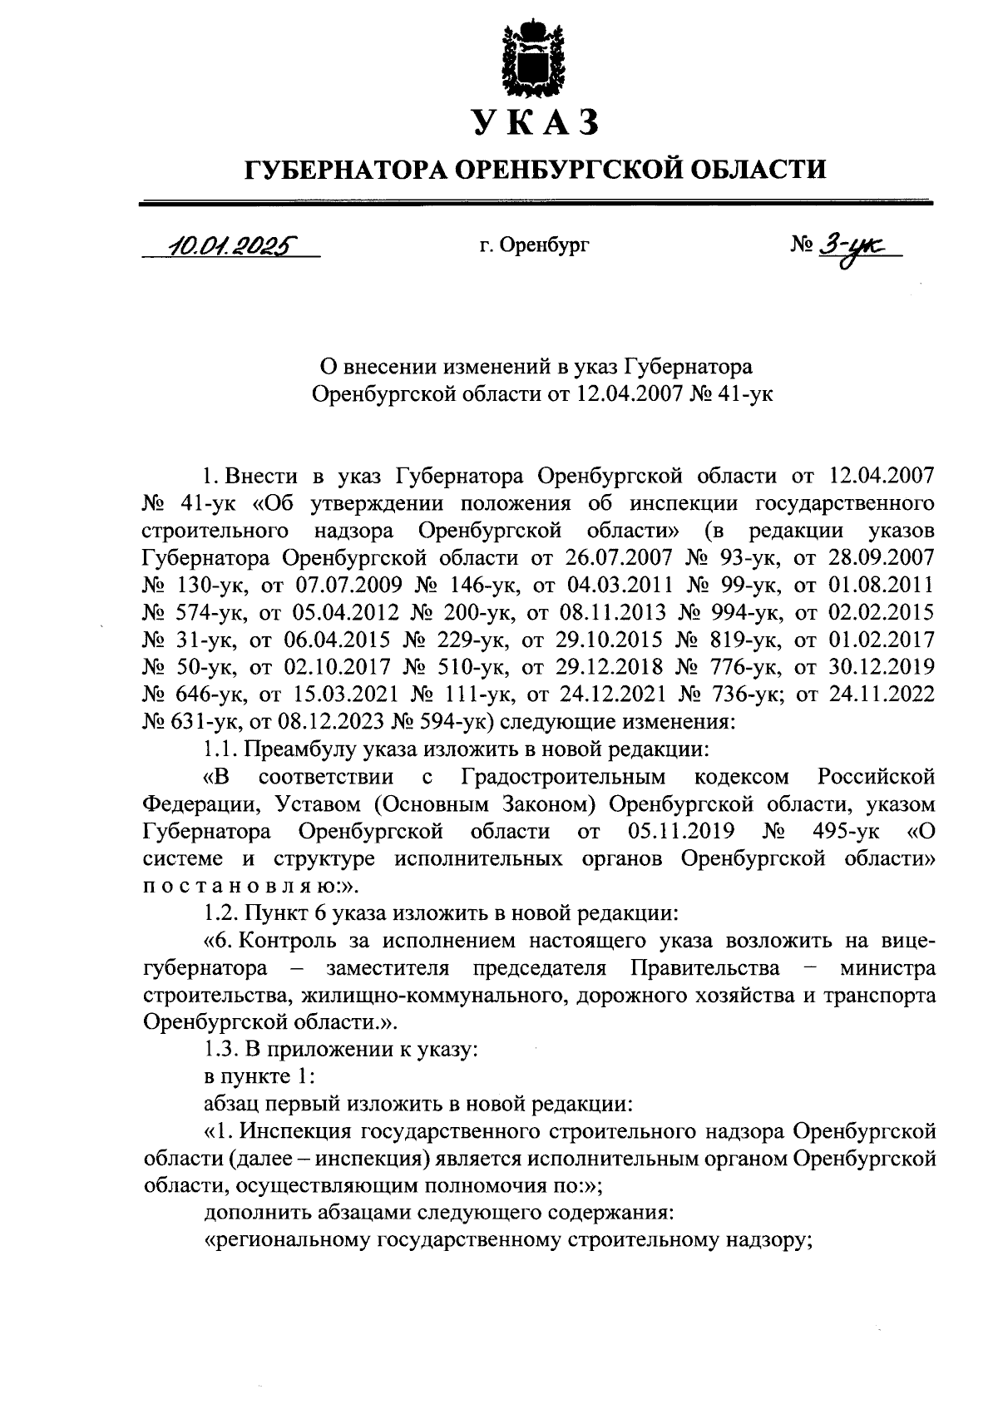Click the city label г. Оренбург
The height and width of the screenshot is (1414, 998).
click(x=534, y=245)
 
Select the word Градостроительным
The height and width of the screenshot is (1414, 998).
click(x=563, y=777)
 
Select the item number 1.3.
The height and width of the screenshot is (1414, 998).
click(x=220, y=1050)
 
